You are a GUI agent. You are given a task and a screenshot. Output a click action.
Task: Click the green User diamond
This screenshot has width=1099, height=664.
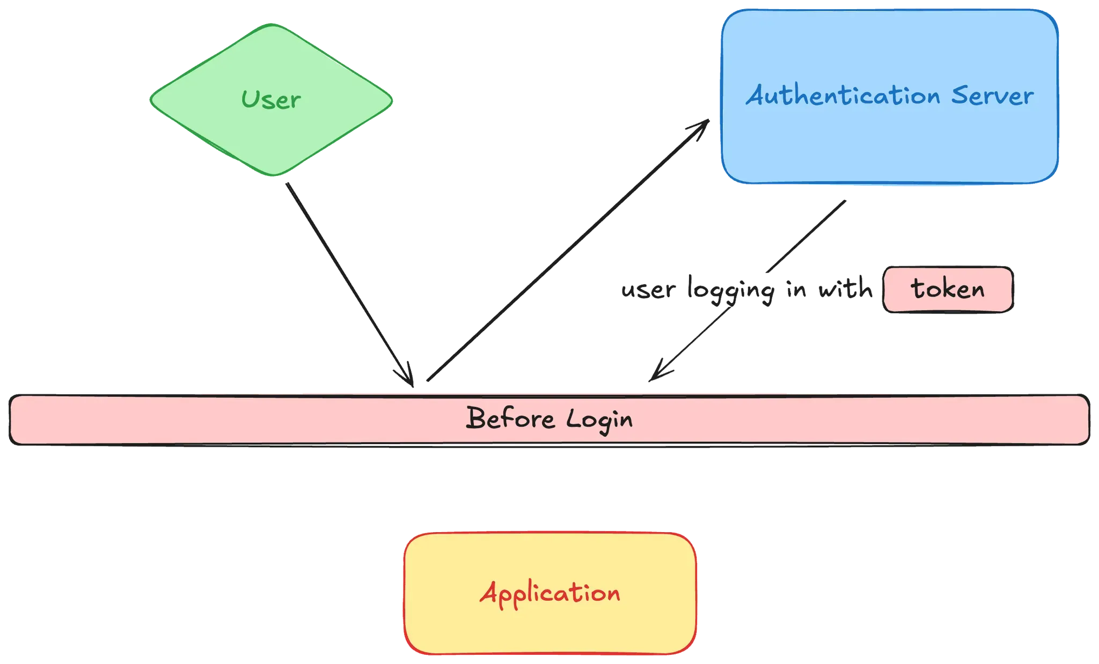pos(271,134)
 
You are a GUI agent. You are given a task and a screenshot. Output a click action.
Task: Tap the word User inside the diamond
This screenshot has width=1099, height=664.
pos(271,100)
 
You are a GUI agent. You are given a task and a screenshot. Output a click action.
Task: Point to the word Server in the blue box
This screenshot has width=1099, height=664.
pos(992,96)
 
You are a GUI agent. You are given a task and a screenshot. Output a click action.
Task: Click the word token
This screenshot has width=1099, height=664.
pos(948,289)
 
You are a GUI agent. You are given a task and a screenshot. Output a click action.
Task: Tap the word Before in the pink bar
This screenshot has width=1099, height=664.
pos(510,418)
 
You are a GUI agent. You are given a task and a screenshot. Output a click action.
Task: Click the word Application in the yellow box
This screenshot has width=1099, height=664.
pos(550,593)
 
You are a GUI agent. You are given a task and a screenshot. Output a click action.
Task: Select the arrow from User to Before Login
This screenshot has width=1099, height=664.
pos(349,279)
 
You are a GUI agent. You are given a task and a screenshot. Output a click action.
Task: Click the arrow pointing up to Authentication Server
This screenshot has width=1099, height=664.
pos(563,252)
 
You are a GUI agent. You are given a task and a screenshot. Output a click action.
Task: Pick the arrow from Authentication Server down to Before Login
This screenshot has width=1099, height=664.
pos(805,236)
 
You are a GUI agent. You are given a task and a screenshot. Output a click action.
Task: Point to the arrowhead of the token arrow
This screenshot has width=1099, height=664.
pos(657,373)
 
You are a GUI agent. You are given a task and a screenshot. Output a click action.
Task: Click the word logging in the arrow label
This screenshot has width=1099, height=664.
pos(731,291)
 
